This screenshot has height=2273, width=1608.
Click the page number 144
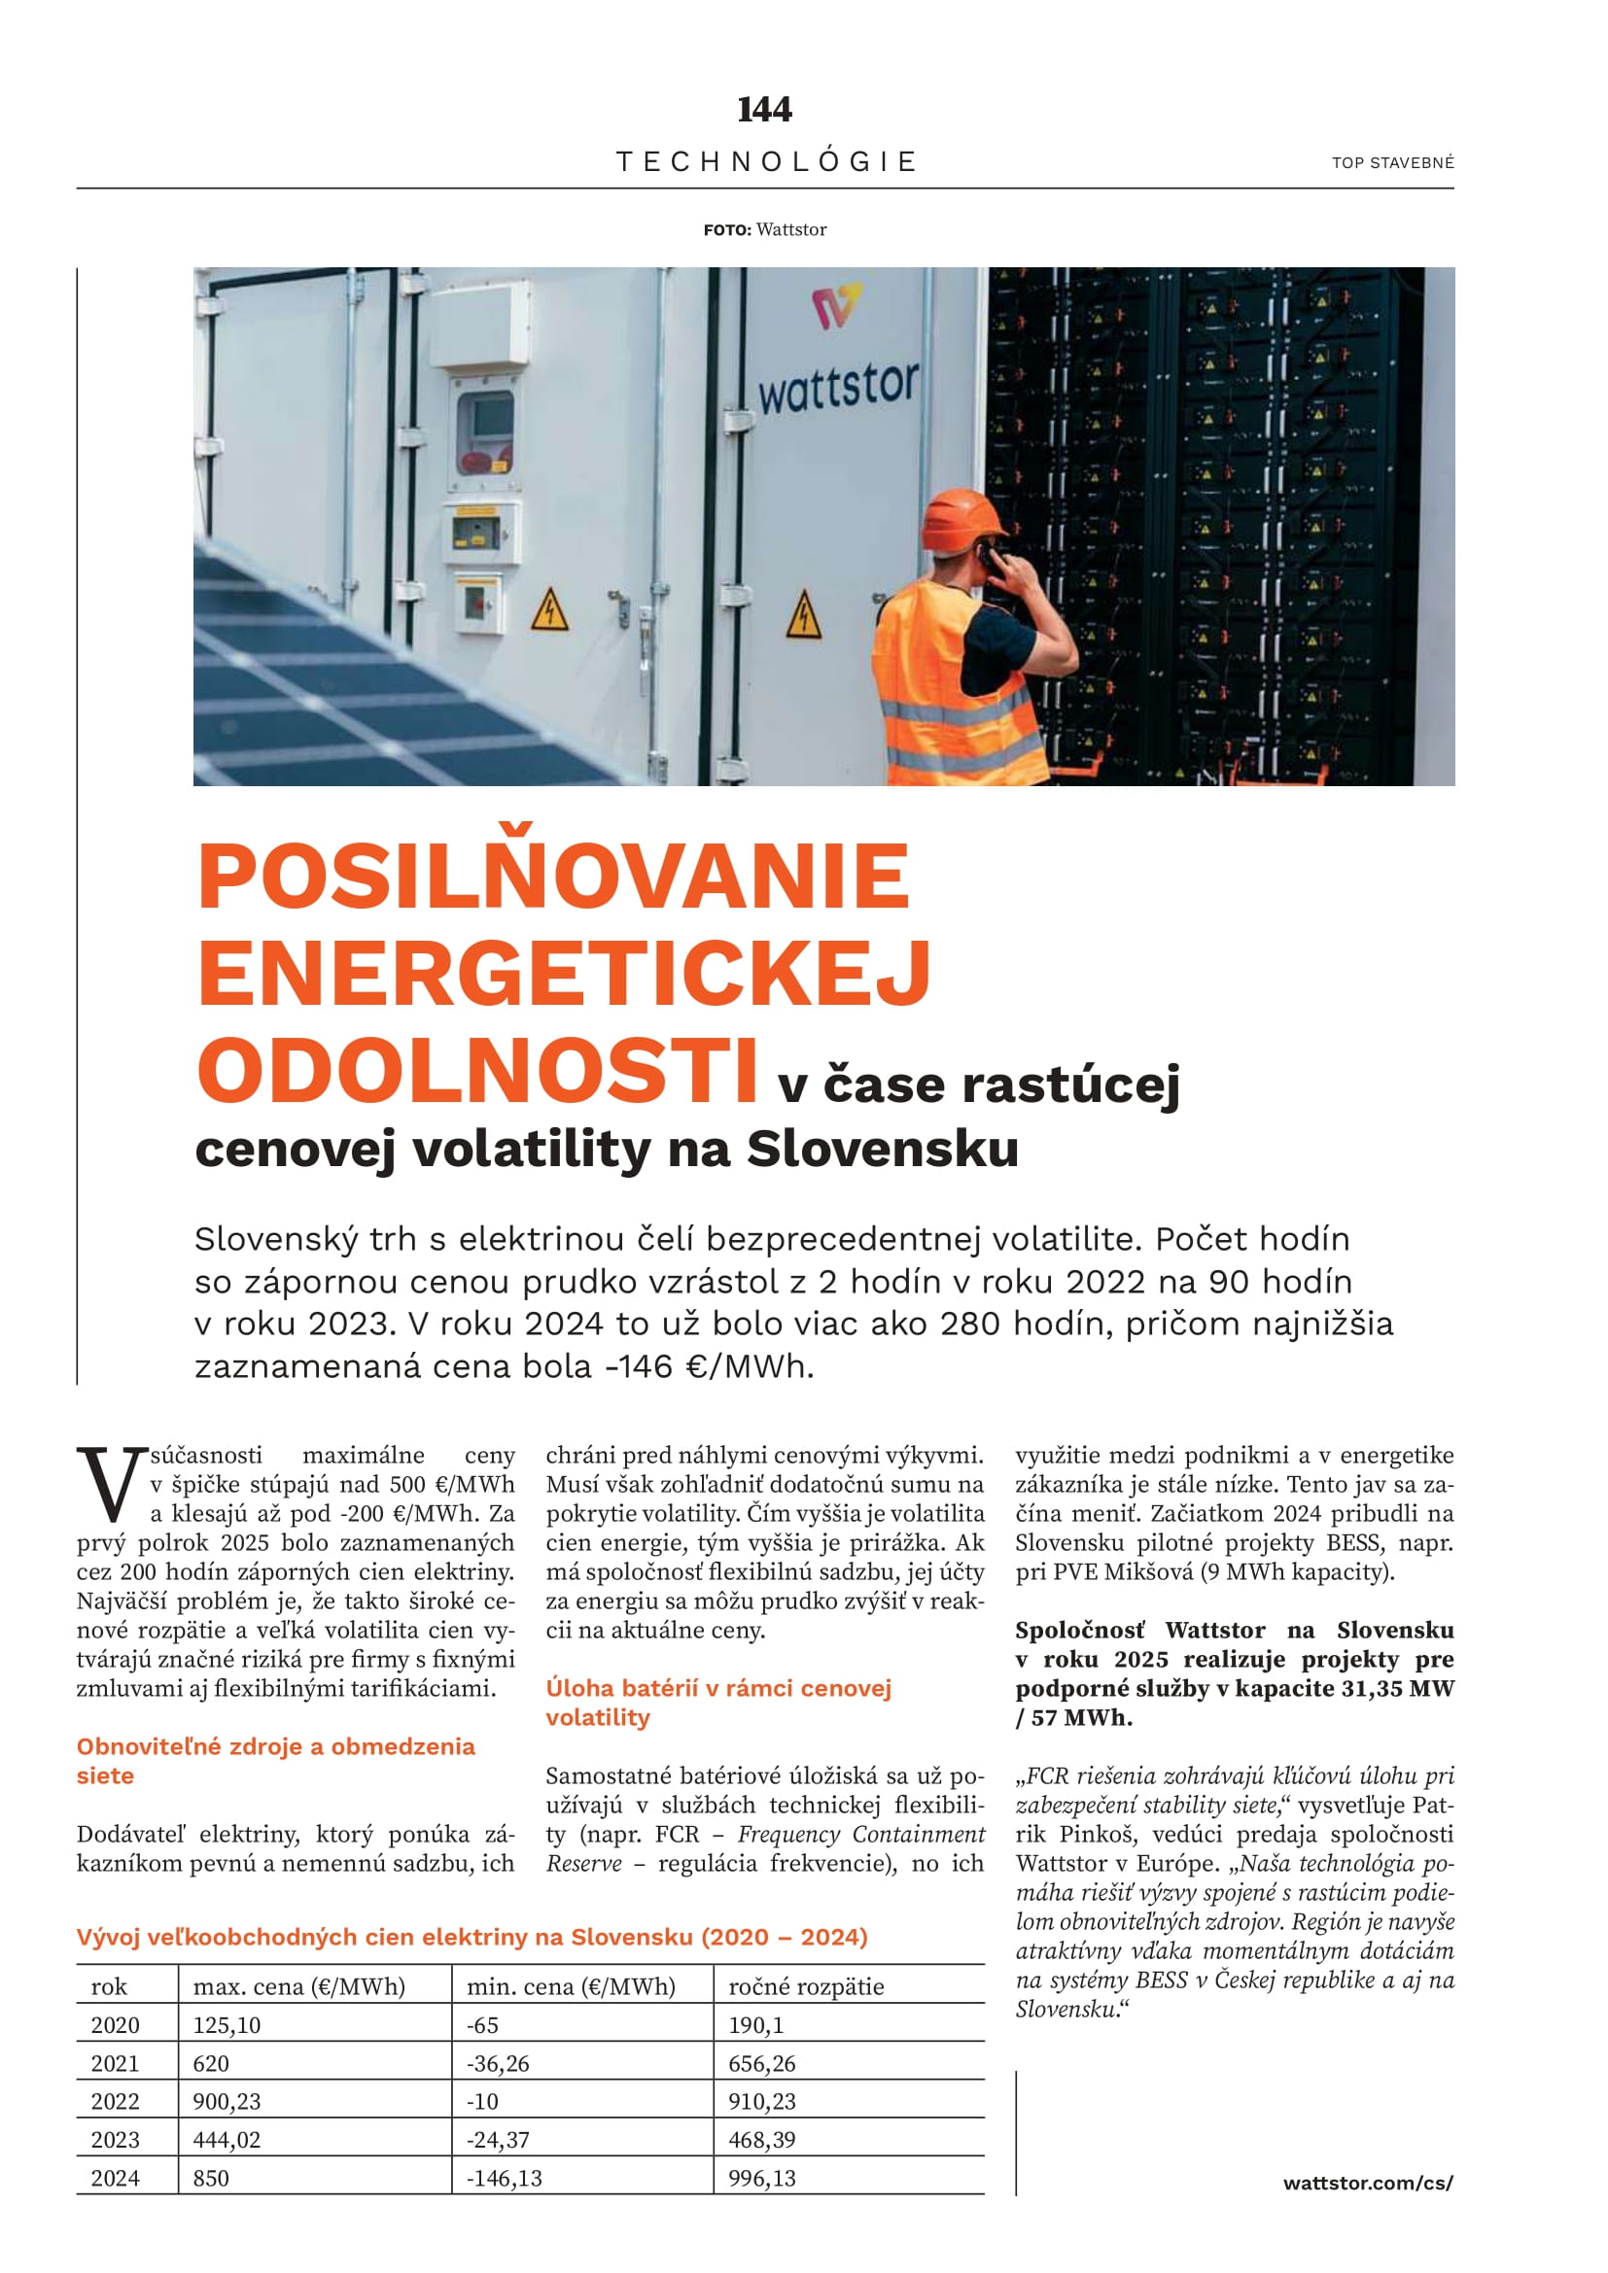[x=764, y=109]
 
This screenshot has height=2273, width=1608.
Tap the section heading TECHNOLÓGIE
[x=766, y=161]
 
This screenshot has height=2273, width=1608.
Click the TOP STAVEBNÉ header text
[x=1392, y=162]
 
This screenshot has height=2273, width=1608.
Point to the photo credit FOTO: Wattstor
[x=764, y=229]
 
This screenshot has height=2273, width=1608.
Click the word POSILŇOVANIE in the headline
[x=553, y=877]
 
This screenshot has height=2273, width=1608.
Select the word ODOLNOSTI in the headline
[x=478, y=1071]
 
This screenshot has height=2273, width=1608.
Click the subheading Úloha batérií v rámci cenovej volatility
[x=717, y=1702]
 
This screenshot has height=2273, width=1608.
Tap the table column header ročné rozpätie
[x=806, y=1987]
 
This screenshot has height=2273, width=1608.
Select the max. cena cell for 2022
[x=227, y=2102]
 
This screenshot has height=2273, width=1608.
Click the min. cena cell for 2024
[x=504, y=2178]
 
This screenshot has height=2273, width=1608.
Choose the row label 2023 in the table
[x=115, y=2139]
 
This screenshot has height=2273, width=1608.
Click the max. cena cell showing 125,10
[x=227, y=2025]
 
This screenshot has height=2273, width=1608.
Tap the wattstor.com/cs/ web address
[x=1368, y=2183]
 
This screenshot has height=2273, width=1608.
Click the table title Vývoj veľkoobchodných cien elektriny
[x=472, y=1937]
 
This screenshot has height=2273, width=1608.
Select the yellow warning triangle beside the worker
[x=803, y=615]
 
